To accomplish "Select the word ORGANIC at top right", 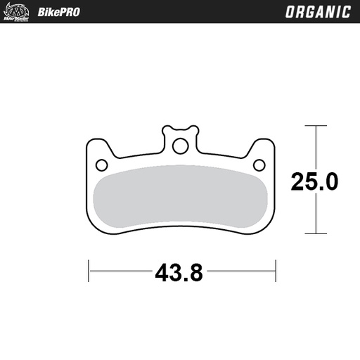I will click(318, 12).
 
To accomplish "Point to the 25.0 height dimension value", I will click(314, 181).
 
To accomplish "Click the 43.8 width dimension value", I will click(179, 271).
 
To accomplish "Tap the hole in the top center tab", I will click(180, 146).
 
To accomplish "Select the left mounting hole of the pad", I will click(100, 165).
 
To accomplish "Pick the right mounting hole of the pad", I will click(260, 165).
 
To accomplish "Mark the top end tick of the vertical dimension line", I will click(316, 127).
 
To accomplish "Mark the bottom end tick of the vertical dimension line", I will click(316, 233).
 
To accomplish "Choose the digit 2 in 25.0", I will click(298, 181).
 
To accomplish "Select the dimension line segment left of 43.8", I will click(120, 270).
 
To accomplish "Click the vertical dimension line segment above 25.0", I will click(316, 148).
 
